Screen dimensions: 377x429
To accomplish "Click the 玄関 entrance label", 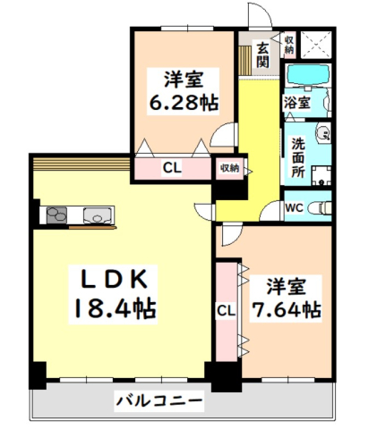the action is point(262,55).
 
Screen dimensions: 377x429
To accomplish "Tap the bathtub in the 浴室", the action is point(308,74).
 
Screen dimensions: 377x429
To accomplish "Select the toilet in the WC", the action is point(320,207).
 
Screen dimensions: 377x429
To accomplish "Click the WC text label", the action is point(294,207).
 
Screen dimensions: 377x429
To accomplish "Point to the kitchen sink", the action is point(98,215).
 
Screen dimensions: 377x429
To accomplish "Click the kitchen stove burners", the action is point(56,215).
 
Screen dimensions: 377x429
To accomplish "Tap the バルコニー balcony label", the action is point(159,401).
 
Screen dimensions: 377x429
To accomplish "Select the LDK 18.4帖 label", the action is point(114,294).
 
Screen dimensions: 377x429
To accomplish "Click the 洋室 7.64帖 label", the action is point(286,299).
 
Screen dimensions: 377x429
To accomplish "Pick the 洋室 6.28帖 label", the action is point(184,91).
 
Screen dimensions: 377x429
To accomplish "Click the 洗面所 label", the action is point(298,157).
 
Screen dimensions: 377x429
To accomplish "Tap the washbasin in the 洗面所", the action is point(323,133).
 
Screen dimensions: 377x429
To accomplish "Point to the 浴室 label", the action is point(297,103).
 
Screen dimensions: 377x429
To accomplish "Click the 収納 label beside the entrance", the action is point(289,45).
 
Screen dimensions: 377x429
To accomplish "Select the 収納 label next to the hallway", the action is point(229,168).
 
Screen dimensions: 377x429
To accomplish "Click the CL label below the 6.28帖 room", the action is point(172,168).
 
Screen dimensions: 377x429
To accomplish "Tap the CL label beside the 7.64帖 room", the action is point(226,312).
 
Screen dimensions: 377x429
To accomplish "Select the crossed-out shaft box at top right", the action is point(315,45).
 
